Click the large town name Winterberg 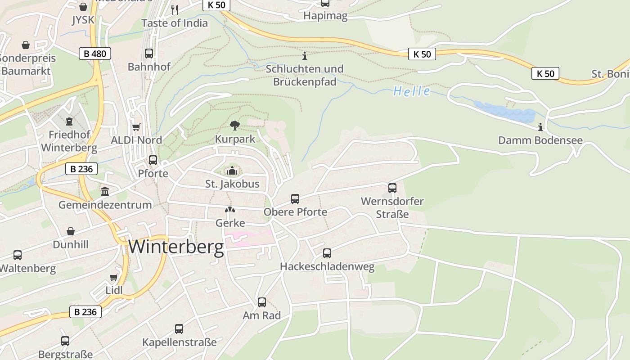pyautogui.click(x=176, y=247)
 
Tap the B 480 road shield pyautogui.click(x=95, y=54)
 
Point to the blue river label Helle pyautogui.click(x=411, y=91)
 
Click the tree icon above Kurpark pyautogui.click(x=234, y=126)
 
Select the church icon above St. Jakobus pyautogui.click(x=232, y=171)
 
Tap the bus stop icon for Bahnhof pyautogui.click(x=149, y=53)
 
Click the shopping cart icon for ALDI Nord pyautogui.click(x=136, y=127)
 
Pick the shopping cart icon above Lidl pyautogui.click(x=114, y=277)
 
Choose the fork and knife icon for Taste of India pyautogui.click(x=175, y=9)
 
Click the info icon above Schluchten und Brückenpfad pyautogui.click(x=305, y=56)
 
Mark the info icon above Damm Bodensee pyautogui.click(x=540, y=127)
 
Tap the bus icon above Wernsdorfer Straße pyautogui.click(x=392, y=188)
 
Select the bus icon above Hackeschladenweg pyautogui.click(x=327, y=253)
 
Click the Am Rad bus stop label pyautogui.click(x=261, y=315)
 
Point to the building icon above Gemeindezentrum pyautogui.click(x=105, y=192)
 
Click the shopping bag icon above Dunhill pyautogui.click(x=71, y=231)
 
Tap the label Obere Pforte pyautogui.click(x=295, y=211)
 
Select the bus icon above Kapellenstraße pyautogui.click(x=179, y=329)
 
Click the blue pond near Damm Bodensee pyautogui.click(x=504, y=111)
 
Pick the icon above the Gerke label pyautogui.click(x=230, y=210)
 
